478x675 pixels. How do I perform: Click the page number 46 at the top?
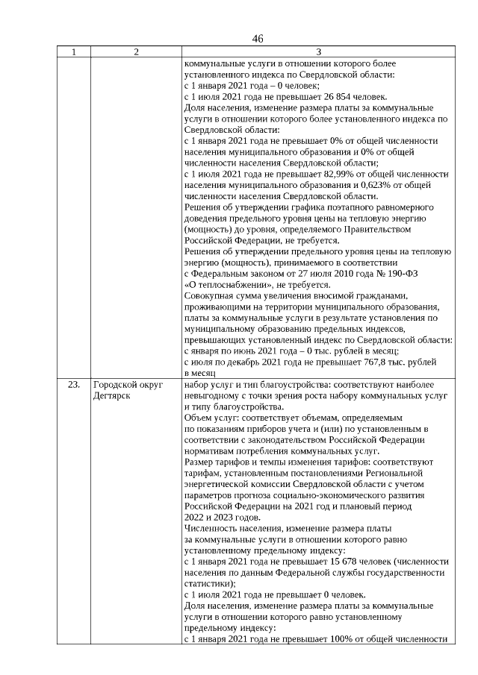tap(258, 39)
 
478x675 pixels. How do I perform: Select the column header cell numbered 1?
tap(73, 52)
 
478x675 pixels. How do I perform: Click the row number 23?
tap(73, 386)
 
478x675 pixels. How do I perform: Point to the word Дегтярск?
tap(112, 396)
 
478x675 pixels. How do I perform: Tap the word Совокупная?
tap(210, 296)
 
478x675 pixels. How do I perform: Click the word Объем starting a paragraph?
tap(199, 418)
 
